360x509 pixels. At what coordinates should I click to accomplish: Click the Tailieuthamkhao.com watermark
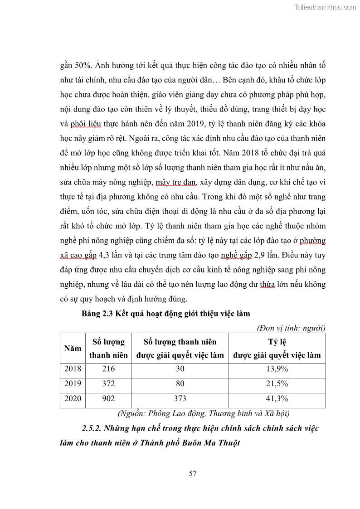(x=325, y=7)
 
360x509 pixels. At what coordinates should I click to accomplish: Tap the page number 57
(x=193, y=474)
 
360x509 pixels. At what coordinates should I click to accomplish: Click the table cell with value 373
(x=180, y=398)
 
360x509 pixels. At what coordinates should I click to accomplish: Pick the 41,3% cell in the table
(x=277, y=398)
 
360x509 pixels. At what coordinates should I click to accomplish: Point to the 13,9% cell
(x=277, y=368)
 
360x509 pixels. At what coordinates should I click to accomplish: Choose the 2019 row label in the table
(x=73, y=383)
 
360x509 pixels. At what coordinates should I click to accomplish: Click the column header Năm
(x=73, y=349)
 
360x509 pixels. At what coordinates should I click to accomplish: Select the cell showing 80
(x=180, y=383)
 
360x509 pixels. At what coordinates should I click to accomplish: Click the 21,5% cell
(x=277, y=383)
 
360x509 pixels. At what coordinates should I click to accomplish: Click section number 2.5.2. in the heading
(x=93, y=428)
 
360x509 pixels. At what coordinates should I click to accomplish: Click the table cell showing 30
(x=180, y=368)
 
